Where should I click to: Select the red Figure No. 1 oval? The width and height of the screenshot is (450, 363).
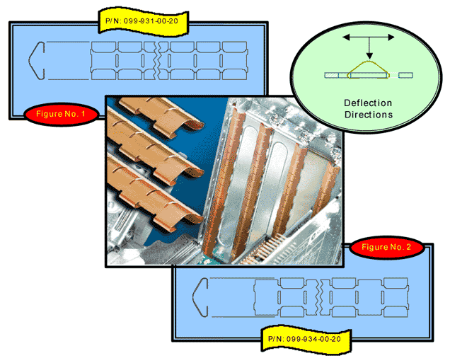[59, 113]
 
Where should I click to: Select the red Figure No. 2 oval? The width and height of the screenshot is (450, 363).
[386, 247]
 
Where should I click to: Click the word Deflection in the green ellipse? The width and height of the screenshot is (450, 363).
[368, 103]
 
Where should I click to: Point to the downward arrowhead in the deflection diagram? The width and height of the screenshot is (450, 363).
[368, 57]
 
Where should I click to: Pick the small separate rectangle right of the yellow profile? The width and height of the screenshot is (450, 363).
[404, 74]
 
